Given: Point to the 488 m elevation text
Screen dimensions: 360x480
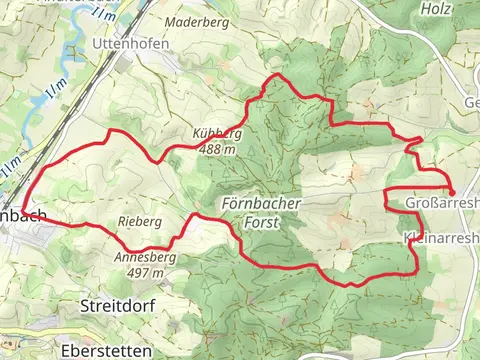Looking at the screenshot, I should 217,149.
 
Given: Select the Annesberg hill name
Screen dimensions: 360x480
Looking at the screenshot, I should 146,257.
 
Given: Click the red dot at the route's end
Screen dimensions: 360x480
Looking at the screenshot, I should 452,192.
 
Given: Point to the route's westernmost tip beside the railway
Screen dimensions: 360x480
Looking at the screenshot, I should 23,209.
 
